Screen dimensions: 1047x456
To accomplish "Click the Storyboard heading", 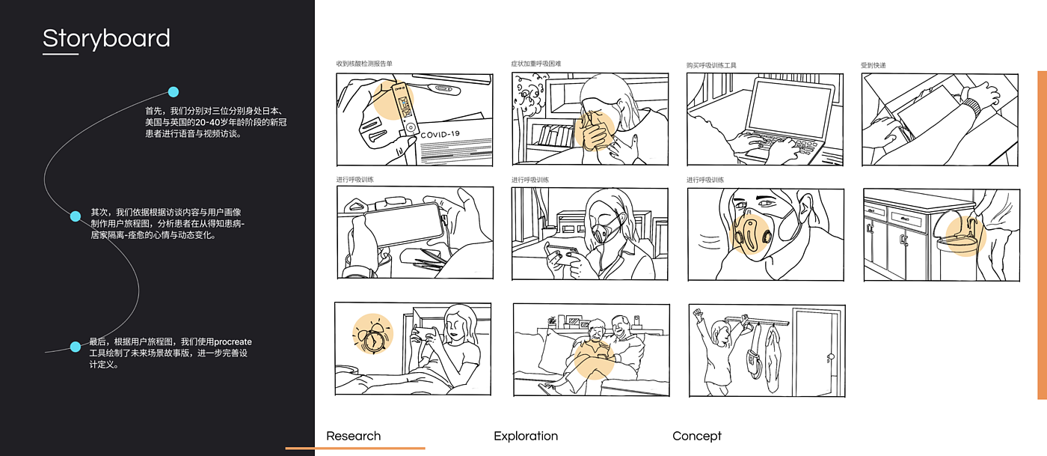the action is point(106,38).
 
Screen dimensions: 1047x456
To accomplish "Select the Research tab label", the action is point(353,436).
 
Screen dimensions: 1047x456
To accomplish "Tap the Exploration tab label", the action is point(526,436).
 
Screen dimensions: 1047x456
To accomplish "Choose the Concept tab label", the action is point(697,436).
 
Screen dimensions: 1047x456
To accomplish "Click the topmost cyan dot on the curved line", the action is point(174,92).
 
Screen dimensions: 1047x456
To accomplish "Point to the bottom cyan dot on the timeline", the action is point(76,347).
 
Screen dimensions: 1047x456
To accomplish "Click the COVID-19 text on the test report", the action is point(440,134).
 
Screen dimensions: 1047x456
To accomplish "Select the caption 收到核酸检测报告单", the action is point(364,64).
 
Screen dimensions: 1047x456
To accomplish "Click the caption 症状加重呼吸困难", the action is point(535,64).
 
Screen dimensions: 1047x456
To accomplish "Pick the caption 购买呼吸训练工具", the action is point(711,65).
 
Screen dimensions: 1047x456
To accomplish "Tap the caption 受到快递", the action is point(873,65).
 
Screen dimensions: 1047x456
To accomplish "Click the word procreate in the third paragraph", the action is point(233,341).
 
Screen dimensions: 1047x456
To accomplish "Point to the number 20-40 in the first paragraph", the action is point(206,122).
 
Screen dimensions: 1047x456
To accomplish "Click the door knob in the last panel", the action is point(831,358).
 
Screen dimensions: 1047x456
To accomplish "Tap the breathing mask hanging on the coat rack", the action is point(753,356).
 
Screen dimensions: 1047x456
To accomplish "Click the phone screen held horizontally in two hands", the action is point(404,224).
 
